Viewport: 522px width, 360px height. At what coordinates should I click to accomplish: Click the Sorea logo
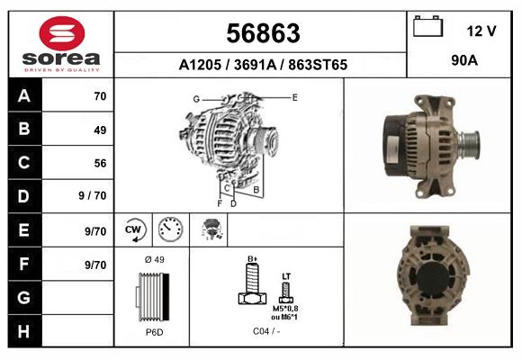pos(61,43)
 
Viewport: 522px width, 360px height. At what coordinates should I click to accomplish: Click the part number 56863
pos(262,33)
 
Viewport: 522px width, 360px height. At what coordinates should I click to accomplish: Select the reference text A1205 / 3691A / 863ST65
pos(263,66)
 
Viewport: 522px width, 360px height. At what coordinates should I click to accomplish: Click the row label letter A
pos(23,96)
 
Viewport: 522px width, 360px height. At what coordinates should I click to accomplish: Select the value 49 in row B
pos(99,130)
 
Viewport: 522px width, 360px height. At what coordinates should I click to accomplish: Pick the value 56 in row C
pos(99,163)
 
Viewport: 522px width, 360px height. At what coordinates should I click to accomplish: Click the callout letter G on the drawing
pos(195,98)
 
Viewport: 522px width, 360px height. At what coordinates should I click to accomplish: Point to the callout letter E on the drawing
pos(294,95)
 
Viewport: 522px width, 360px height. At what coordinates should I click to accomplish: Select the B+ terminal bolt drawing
pos(252,286)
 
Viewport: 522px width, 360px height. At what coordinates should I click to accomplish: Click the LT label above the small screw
pos(286,275)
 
